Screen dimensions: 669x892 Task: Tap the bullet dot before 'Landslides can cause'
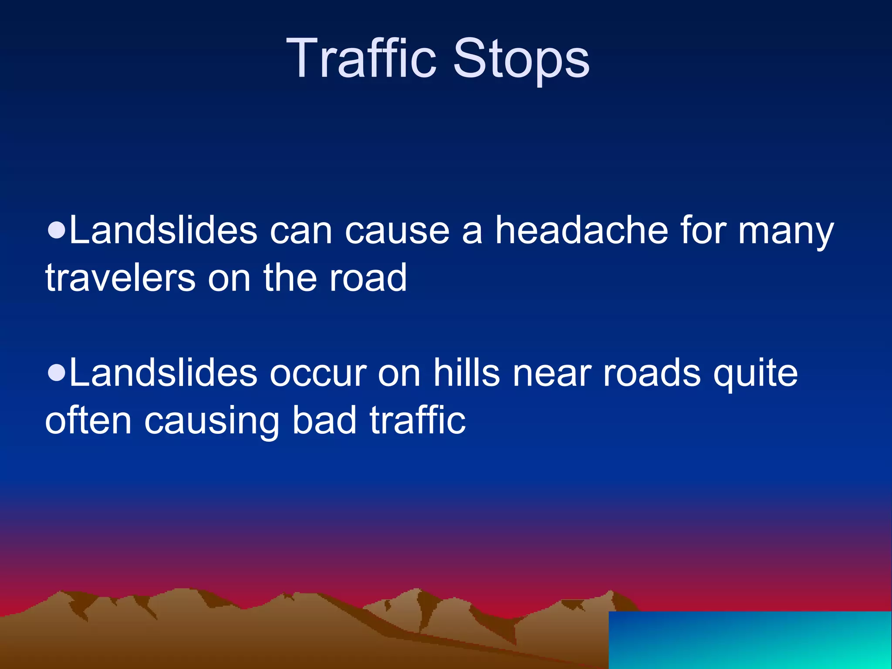click(57, 229)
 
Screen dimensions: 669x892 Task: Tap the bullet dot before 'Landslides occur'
click(57, 372)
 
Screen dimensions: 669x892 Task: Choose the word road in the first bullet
click(368, 278)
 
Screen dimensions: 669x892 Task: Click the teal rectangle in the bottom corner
click(750, 640)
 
